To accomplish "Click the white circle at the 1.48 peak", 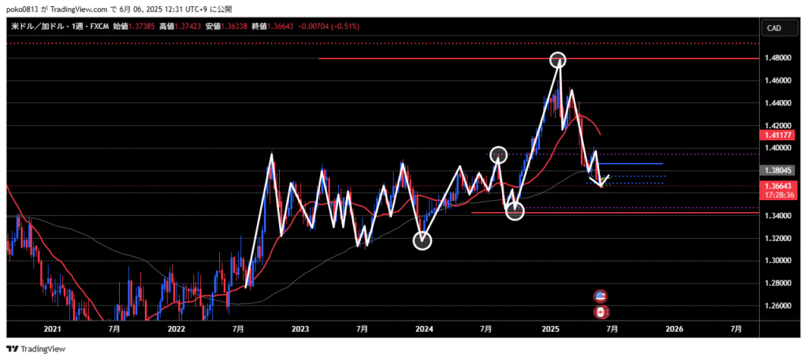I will pyautogui.click(x=558, y=60).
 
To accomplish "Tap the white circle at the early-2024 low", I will pyautogui.click(x=422, y=240).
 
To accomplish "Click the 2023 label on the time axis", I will pyautogui.click(x=299, y=328).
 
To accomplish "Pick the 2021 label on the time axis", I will pyautogui.click(x=52, y=328).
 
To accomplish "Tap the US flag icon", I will pyautogui.click(x=601, y=296).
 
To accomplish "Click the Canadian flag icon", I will pyautogui.click(x=601, y=312).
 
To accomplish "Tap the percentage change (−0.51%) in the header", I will pyautogui.click(x=344, y=27).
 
